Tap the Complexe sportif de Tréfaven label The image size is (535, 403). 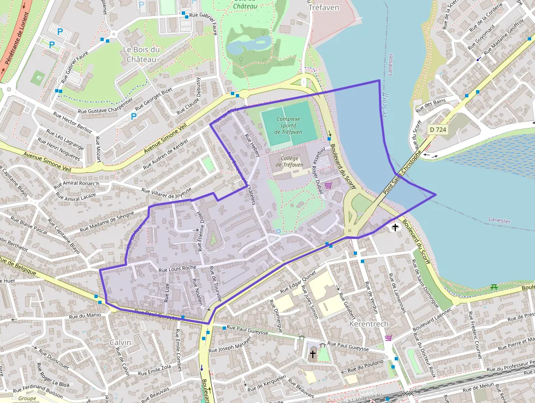click(288, 125)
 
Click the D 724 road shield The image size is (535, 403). click(437, 130)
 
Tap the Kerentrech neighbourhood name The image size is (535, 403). click(368, 324)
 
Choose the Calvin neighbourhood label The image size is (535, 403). click(120, 342)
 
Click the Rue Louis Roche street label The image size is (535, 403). click(177, 268)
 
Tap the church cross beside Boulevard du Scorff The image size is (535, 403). click(395, 226)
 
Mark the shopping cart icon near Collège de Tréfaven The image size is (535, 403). click(328, 186)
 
